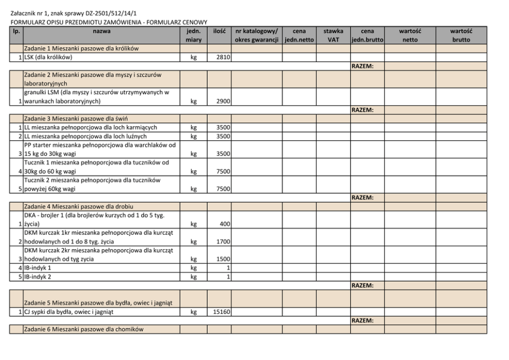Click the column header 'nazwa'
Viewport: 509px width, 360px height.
pos(101,31)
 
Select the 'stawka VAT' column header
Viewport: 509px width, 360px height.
pos(334,35)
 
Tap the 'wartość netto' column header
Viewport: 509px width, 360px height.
pos(409,35)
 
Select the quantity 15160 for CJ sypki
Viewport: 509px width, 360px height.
pos(220,311)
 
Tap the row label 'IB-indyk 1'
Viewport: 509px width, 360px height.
pos(38,268)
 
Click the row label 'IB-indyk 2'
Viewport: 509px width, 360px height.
pos(38,276)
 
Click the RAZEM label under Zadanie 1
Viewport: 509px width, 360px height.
pos(362,66)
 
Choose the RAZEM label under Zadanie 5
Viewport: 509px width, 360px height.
pos(362,321)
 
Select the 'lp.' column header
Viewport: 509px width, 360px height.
pos(16,31)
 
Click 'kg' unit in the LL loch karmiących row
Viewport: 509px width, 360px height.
pos(193,127)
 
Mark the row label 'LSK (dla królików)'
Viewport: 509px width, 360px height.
pos(48,57)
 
